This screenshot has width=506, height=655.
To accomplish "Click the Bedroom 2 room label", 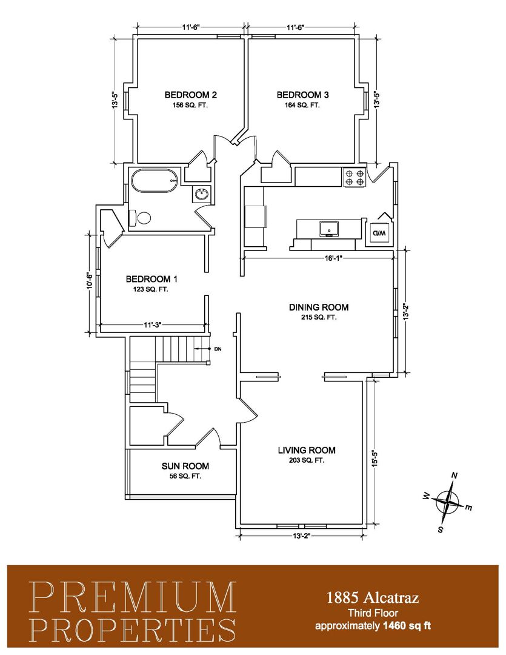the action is click(190, 95).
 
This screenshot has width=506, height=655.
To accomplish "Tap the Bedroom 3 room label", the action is click(302, 95).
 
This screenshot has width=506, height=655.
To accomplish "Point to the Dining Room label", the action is click(319, 307).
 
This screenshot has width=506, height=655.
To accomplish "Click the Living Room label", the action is click(307, 450).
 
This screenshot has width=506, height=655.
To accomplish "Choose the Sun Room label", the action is click(185, 466).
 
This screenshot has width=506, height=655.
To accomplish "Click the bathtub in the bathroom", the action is click(155, 181).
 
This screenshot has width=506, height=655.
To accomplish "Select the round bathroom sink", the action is click(202, 194).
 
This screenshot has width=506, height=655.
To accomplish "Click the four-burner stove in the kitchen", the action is click(355, 176).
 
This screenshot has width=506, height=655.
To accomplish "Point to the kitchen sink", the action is click(329, 229).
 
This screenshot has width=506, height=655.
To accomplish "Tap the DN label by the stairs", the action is click(218, 349).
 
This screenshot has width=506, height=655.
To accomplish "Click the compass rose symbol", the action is click(447, 502).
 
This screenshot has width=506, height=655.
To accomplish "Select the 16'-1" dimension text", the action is click(333, 258).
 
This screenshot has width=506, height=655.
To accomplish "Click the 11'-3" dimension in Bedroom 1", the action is click(152, 324).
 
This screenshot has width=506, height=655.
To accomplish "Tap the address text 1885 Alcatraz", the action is click(373, 598).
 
